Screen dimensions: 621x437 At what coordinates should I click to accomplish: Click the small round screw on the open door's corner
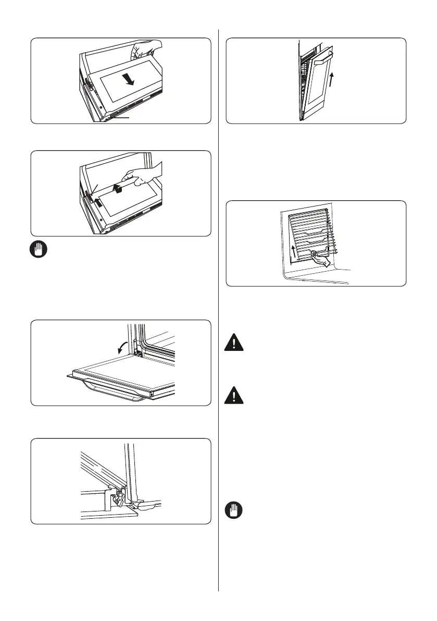[x=152, y=395]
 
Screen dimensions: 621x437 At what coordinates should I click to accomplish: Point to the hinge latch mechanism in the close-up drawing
[x=117, y=498]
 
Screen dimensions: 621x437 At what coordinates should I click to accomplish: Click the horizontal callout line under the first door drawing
[x=120, y=119]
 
